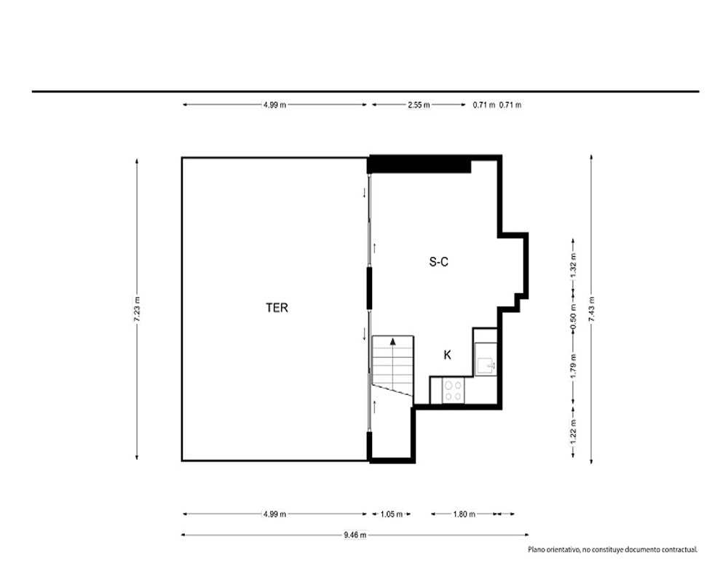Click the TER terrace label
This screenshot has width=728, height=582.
tap(277, 308)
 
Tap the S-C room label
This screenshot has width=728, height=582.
tap(439, 262)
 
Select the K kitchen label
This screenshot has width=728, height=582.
tap(448, 355)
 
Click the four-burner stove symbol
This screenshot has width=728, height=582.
tap(453, 391)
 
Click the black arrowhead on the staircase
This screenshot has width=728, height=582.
tap(393, 341)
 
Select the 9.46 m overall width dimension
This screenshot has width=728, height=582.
tap(355, 535)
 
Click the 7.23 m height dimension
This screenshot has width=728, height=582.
tap(137, 309)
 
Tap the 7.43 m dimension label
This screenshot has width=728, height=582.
tap(591, 309)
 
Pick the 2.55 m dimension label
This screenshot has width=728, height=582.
tap(419, 105)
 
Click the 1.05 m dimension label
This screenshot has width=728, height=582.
tap(392, 514)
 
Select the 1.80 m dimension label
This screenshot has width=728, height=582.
tap(464, 514)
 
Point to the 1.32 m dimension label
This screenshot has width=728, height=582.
tap(574, 266)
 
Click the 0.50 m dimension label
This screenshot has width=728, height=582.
tap(574, 317)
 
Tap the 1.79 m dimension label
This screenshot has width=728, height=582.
tap(574, 366)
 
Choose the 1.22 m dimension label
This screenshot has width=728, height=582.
tap(574, 432)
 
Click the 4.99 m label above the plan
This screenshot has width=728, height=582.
tap(274, 105)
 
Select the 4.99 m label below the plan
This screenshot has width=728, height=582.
tap(274, 514)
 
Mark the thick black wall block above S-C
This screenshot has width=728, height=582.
tap(419, 164)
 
